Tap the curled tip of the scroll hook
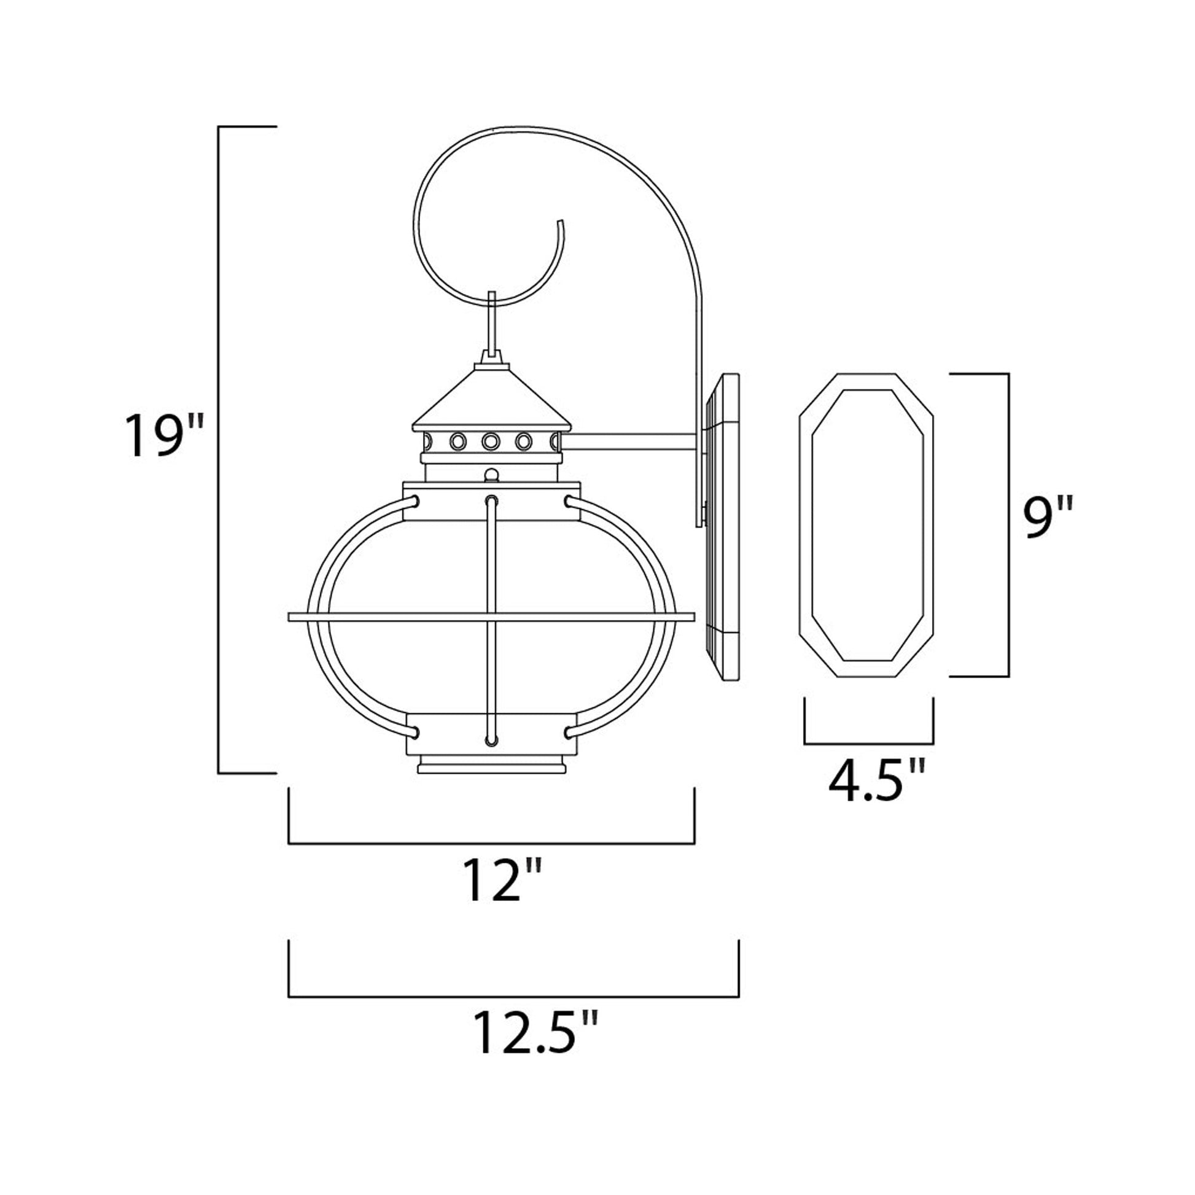pyautogui.click(x=561, y=224)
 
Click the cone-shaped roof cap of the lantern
pyautogui.click(x=492, y=399)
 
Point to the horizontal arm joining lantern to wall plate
pyautogui.click(x=634, y=441)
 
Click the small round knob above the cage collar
pyautogui.click(x=491, y=475)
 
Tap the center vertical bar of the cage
pyautogui.click(x=491, y=618)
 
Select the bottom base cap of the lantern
pyautogui.click(x=491, y=768)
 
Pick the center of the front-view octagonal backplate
pyautogui.click(x=866, y=526)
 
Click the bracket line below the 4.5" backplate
pyautogui.click(x=868, y=743)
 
